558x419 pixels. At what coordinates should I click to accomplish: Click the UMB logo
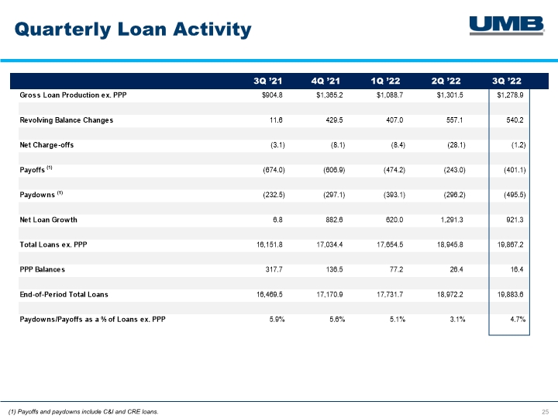point(507,26)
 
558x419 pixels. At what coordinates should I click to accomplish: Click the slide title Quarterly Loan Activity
point(133,29)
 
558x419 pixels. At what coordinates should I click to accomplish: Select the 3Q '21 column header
point(267,81)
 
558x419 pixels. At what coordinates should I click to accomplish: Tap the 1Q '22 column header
point(385,81)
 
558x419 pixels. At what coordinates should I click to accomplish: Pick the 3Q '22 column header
point(507,81)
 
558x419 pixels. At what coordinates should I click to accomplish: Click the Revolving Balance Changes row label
point(67,120)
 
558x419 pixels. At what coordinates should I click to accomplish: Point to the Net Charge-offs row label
point(46,145)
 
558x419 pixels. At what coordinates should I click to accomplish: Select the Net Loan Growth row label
point(48,220)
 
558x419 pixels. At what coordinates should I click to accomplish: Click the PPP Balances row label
point(43,270)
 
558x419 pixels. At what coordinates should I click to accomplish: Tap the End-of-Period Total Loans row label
point(64,295)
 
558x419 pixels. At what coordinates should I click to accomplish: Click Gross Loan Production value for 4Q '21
point(329,95)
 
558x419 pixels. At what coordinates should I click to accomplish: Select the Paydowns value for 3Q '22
point(515,195)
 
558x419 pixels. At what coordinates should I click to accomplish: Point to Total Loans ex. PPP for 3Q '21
point(270,244)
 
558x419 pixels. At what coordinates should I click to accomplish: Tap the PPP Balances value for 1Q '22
point(397,270)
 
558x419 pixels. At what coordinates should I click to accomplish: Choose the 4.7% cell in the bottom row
point(518,320)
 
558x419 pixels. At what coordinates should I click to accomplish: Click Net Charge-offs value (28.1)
point(456,145)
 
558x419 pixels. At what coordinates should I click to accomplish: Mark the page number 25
point(545,412)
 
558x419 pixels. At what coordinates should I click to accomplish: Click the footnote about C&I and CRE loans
point(83,412)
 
